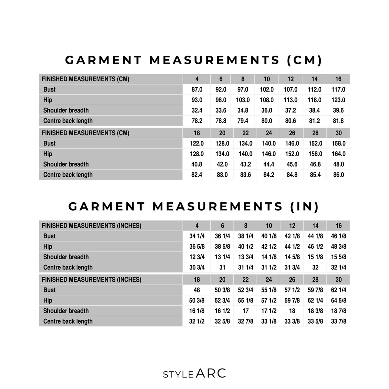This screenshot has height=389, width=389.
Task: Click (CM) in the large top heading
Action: click(305, 60)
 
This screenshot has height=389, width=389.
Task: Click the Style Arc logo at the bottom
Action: click(194, 373)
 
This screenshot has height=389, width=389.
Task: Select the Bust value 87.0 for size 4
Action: click(197, 89)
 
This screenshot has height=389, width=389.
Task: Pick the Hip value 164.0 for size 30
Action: click(338, 154)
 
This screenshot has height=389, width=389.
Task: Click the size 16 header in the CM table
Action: click(338, 79)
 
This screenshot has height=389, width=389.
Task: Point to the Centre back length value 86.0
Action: click(338, 175)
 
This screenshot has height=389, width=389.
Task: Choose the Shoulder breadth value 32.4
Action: click(197, 111)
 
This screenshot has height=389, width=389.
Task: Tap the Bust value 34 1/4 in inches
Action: click(197, 236)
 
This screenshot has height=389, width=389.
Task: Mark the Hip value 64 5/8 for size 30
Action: click(338, 301)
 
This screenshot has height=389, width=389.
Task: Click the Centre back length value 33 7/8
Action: click(338, 321)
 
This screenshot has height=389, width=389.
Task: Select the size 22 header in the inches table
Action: click(245, 280)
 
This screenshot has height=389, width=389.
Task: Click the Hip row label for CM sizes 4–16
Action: click(48, 100)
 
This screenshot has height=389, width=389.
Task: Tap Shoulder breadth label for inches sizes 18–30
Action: click(66, 311)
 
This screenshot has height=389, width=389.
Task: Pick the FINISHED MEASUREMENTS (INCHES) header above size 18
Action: click(91, 280)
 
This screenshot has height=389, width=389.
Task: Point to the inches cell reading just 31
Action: click(222, 267)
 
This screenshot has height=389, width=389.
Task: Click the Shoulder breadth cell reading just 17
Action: click(245, 311)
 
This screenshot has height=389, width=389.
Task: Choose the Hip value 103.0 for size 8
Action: click(243, 100)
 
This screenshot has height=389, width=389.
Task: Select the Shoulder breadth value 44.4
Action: click(269, 164)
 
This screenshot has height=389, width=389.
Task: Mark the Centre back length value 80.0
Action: click(266, 121)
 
